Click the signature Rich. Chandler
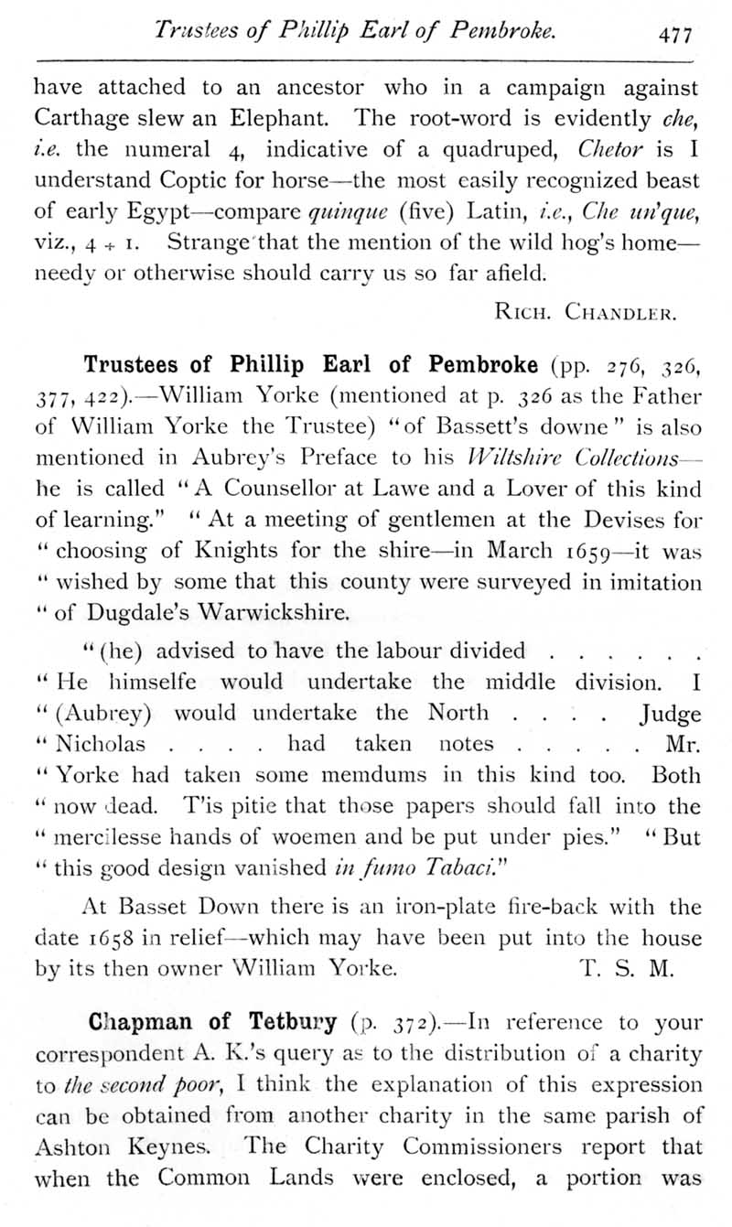(584, 314)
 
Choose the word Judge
(670, 713)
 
